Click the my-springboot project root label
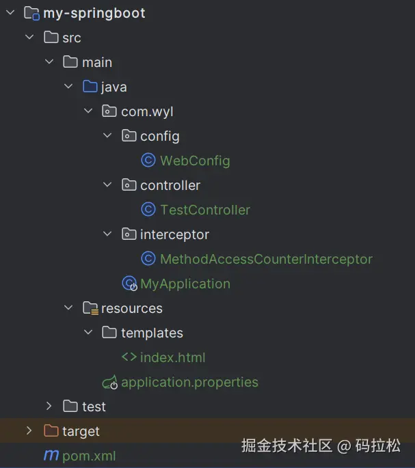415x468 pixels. pyautogui.click(x=94, y=13)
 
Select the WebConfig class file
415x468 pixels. pyautogui.click(x=195, y=161)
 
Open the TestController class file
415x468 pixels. pyautogui.click(x=205, y=210)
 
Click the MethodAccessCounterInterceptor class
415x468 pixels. pyautogui.click(x=266, y=259)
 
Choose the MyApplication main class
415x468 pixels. pyautogui.click(x=185, y=284)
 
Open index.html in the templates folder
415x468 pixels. pyautogui.click(x=172, y=357)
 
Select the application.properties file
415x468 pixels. pyautogui.click(x=189, y=382)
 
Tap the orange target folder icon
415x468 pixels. pyautogui.click(x=51, y=431)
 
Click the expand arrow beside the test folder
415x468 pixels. pyautogui.click(x=49, y=407)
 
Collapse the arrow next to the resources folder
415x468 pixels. pyautogui.click(x=68, y=308)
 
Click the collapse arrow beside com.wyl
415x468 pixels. pyautogui.click(x=88, y=111)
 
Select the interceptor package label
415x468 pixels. pyautogui.click(x=174, y=234)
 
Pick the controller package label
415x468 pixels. pyautogui.click(x=170, y=185)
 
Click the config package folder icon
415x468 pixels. pyautogui.click(x=129, y=136)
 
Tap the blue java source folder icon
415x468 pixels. pyautogui.click(x=90, y=87)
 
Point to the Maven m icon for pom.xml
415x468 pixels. pyautogui.click(x=51, y=456)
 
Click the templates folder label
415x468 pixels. pyautogui.click(x=152, y=333)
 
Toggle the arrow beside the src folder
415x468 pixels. pyautogui.click(x=29, y=38)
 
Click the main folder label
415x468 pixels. pyautogui.click(x=97, y=62)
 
